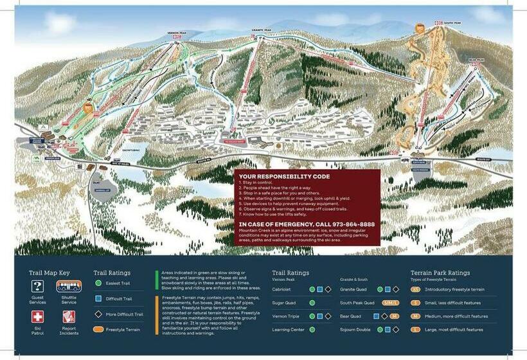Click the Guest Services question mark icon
point(38,287)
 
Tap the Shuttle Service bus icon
point(68,287)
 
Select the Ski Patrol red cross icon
point(38,316)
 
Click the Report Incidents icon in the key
point(68,316)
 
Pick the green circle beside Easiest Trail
point(98,282)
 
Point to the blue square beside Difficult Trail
point(98,298)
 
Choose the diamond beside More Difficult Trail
point(98,314)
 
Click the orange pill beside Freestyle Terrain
point(98,330)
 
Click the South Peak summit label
point(452,24)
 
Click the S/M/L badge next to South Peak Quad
point(391,303)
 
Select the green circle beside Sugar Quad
point(312,303)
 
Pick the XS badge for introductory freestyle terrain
point(416,289)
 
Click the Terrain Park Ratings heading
point(440,273)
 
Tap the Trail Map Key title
point(49,273)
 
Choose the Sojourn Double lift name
point(355,330)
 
